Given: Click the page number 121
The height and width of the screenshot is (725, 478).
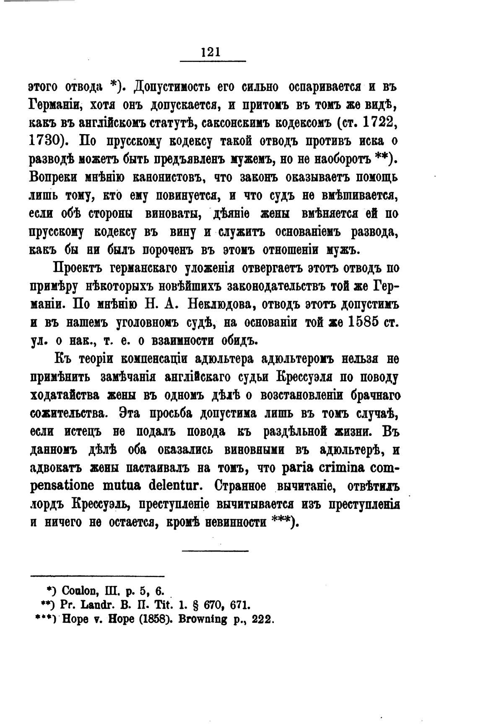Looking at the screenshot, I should (x=211, y=52).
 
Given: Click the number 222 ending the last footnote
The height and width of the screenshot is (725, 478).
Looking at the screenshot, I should (x=262, y=619).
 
